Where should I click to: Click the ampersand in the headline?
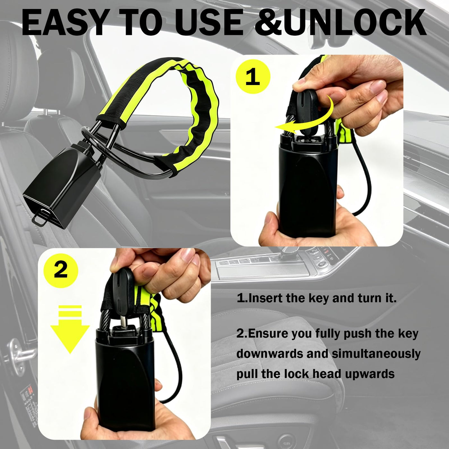[270, 22]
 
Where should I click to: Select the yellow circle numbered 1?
[253, 77]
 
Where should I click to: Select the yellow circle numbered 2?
[61, 270]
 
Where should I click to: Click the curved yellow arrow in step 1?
[305, 116]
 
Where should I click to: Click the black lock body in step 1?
[308, 193]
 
